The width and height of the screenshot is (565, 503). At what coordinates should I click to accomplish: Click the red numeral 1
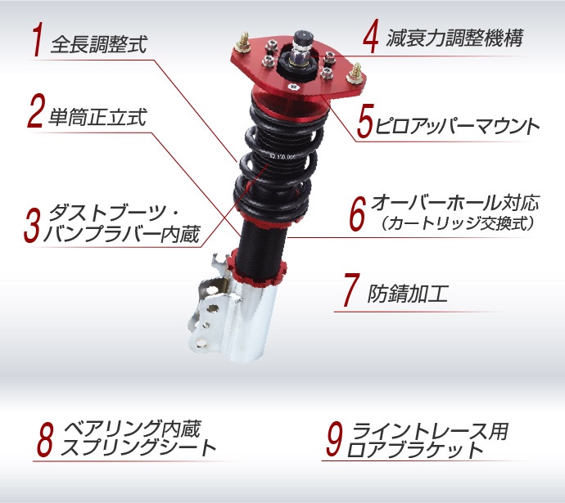coord(37,39)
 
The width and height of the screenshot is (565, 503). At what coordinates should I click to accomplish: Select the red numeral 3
coord(33,225)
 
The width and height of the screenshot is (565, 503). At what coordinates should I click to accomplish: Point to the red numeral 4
coord(371,36)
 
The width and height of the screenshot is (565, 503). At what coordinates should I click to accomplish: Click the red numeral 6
coord(358,213)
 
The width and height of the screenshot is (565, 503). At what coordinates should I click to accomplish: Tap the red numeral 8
coord(45,439)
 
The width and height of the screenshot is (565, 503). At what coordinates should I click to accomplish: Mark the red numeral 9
coord(334,439)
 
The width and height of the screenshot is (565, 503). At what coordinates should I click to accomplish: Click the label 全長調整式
coord(99,45)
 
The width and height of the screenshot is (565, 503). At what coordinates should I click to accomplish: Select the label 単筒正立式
coord(97,117)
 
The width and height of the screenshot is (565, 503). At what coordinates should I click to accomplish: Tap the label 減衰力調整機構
coord(454,38)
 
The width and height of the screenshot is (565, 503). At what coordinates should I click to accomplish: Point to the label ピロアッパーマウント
coord(457,126)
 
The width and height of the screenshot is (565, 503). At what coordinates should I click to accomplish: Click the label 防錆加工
coord(408,294)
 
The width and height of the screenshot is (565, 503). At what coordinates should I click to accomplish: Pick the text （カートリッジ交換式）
coord(457,223)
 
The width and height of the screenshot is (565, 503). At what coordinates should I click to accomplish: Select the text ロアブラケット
coord(414,450)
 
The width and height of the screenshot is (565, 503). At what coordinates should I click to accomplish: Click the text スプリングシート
coord(138,447)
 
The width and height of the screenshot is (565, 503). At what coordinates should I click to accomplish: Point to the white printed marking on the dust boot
coord(282,157)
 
